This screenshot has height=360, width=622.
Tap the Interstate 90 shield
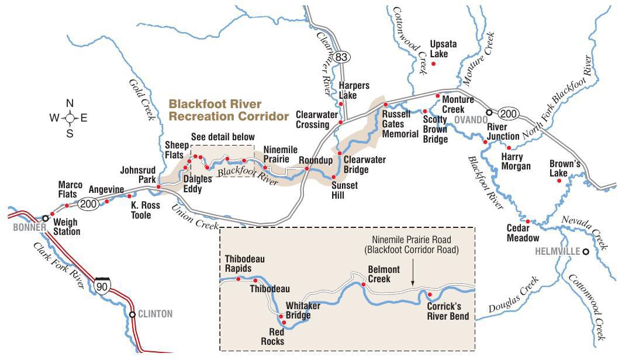point(102,285)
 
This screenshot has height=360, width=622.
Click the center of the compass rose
point(70,118)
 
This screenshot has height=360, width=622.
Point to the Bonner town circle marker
point(45,217)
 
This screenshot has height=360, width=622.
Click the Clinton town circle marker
point(133,314)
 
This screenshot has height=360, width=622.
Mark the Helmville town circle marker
point(585,252)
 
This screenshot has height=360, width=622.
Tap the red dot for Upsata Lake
point(433,63)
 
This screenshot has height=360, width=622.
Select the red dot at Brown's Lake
point(559,181)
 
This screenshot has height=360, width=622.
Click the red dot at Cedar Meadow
point(527,221)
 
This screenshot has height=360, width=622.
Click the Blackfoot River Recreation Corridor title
point(229,110)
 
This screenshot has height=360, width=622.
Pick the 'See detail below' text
point(223,137)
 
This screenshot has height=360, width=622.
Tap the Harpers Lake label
point(354,90)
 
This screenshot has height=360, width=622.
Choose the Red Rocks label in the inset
point(272,337)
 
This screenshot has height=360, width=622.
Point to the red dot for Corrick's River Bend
point(430,294)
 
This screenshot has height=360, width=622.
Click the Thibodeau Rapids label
point(238,264)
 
